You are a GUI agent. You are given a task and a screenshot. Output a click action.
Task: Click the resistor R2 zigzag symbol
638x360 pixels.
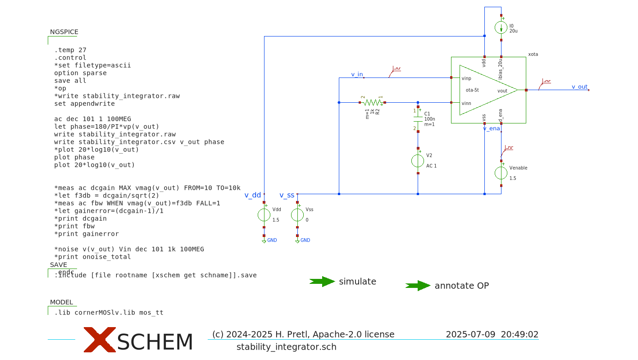coord(372,103)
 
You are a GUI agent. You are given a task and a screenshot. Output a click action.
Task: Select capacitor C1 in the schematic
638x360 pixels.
coord(418,119)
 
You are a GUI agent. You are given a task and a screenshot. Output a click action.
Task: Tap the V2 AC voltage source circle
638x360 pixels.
coord(418,161)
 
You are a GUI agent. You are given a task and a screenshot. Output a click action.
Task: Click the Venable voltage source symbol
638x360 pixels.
coord(501,173)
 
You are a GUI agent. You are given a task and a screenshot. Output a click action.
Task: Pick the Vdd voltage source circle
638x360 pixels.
coord(264,215)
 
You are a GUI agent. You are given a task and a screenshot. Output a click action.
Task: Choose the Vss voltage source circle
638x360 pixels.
coord(297,215)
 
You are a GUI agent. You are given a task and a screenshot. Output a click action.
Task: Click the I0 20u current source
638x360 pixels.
coord(501,27)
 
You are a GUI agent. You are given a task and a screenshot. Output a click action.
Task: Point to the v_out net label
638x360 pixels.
coord(579,87)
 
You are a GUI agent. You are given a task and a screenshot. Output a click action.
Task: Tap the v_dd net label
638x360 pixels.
coord(253,195)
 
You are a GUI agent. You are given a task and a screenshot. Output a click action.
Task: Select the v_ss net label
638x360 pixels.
coord(287,195)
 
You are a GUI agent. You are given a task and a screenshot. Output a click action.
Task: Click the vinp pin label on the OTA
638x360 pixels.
coord(466,78)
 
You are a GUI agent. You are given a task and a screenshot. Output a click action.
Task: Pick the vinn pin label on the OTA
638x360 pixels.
coord(466,104)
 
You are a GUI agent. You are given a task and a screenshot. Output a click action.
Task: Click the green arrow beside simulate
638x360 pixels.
coord(322,282)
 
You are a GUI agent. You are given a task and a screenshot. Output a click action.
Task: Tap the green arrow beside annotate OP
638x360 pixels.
coord(418,286)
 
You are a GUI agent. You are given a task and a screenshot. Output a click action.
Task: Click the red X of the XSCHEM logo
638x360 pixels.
coord(99,340)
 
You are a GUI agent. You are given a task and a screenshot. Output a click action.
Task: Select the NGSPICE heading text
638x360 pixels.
coord(64,32)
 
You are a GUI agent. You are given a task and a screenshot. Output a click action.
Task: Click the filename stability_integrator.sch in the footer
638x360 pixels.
coord(286,347)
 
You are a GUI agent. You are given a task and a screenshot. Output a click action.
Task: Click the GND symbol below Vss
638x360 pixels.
coord(297,241)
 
